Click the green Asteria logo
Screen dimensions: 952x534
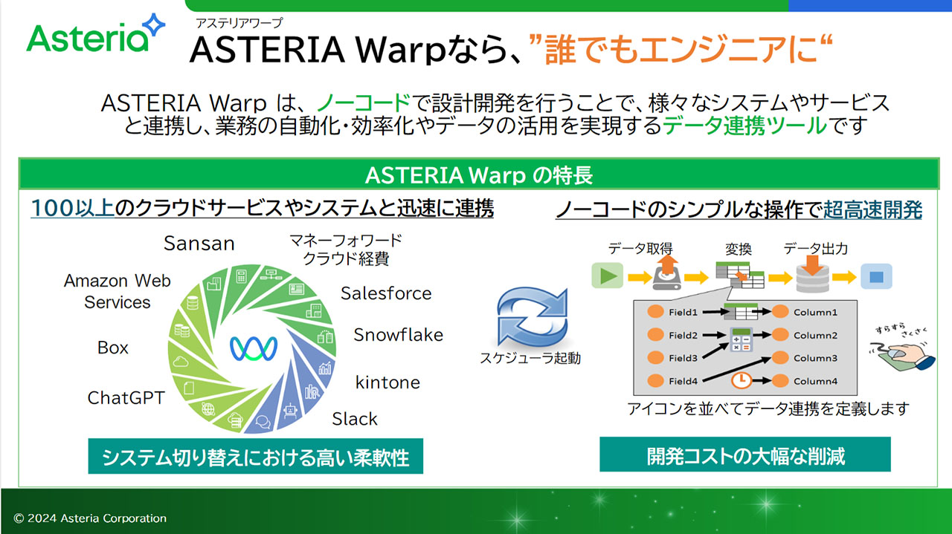[x=95, y=34]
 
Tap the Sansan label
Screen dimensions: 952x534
[x=199, y=243]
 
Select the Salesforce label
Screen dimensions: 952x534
[x=386, y=293]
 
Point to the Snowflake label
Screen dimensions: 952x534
[x=398, y=334]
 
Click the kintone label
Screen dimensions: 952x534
[x=387, y=382]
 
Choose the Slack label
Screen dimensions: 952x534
[x=355, y=419]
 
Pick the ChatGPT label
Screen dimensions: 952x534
[x=126, y=398]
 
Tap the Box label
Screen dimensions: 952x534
[x=112, y=348]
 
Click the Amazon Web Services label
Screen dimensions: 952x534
[x=118, y=291]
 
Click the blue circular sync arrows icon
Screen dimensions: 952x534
[x=532, y=316]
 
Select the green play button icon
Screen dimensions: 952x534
[x=608, y=276]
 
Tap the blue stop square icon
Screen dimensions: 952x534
[x=876, y=277]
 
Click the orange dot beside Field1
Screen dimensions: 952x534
[x=655, y=311]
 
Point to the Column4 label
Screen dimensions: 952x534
[x=815, y=381]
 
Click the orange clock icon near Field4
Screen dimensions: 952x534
[x=742, y=380]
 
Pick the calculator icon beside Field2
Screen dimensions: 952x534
[x=742, y=339]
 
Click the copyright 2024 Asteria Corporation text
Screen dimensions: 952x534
[x=90, y=518]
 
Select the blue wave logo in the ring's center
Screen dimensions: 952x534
[x=254, y=348]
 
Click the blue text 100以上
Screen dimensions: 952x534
[x=72, y=209]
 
